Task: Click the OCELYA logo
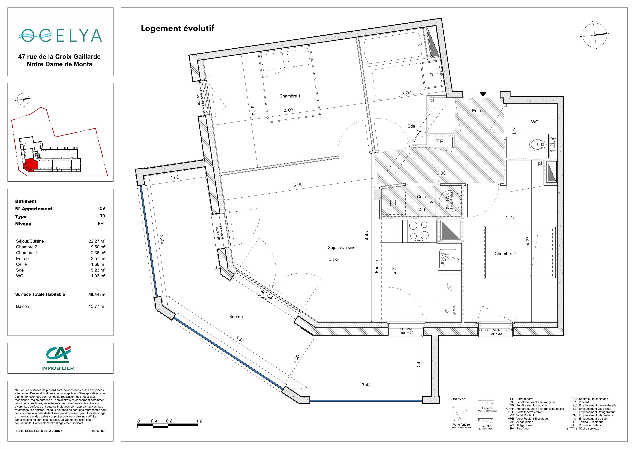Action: click(x=60, y=35)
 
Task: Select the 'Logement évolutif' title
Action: click(x=178, y=28)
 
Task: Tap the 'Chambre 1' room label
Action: click(x=290, y=96)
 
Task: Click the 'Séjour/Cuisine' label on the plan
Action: click(x=342, y=247)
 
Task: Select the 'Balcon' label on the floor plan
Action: click(x=236, y=316)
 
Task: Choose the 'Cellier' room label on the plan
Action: click(x=423, y=197)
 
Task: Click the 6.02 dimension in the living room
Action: click(x=333, y=259)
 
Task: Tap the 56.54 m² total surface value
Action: click(x=97, y=295)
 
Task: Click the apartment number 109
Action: click(x=101, y=208)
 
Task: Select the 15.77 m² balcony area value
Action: click(x=97, y=306)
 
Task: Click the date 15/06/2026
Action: click(x=99, y=431)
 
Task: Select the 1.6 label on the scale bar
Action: click(x=199, y=421)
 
